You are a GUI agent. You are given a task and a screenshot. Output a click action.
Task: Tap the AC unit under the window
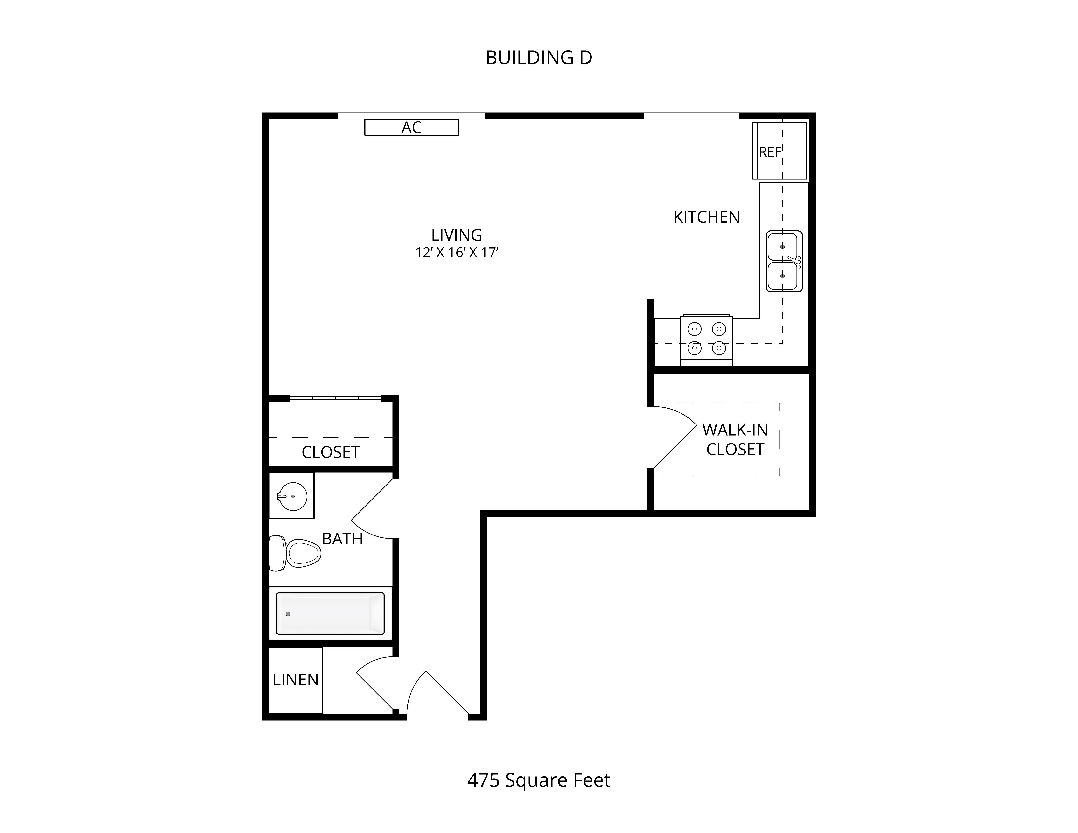click(411, 127)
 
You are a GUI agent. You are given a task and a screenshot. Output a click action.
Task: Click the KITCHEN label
click(706, 217)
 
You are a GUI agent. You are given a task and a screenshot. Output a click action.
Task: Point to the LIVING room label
click(457, 235)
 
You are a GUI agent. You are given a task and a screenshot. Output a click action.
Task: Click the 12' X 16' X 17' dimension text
click(457, 253)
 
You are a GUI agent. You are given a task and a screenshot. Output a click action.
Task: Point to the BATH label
click(342, 539)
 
